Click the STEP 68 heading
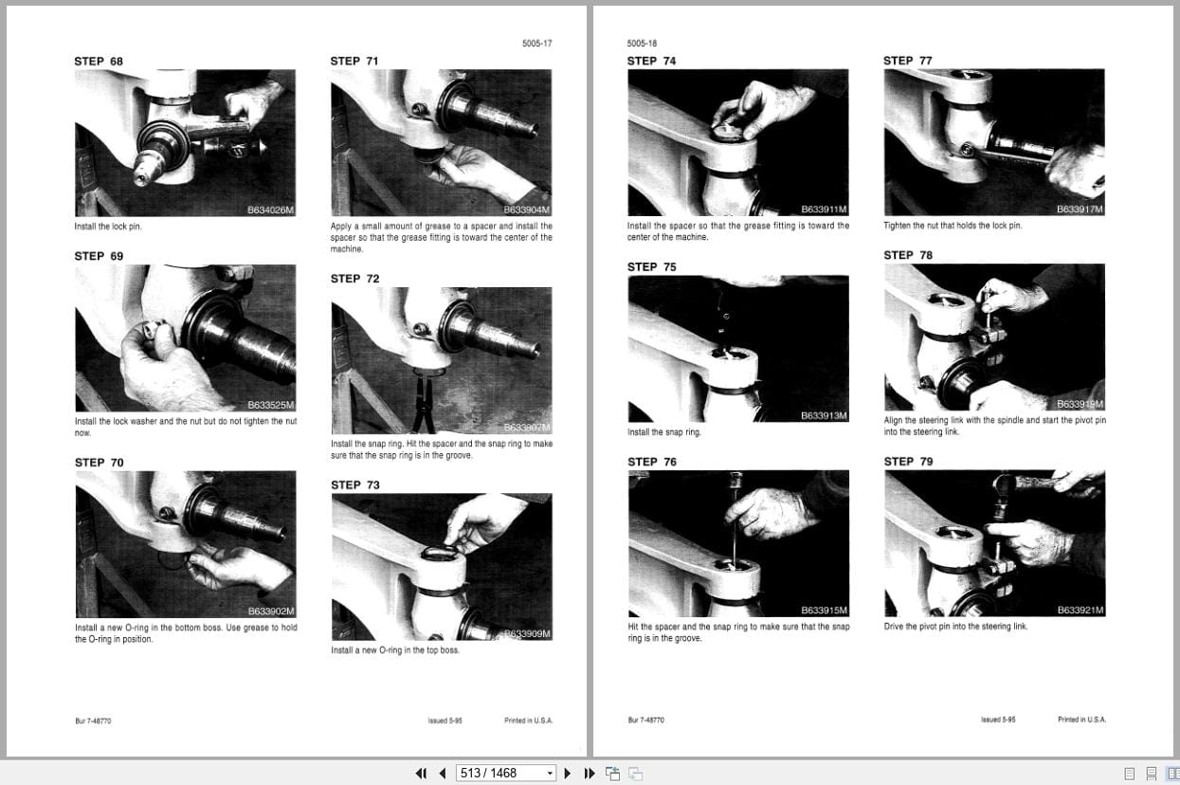click(x=99, y=62)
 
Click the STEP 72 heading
click(x=354, y=279)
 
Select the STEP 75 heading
click(x=651, y=267)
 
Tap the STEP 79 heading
click(x=907, y=462)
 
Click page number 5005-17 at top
click(x=536, y=44)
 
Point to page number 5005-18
click(x=642, y=44)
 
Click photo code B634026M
click(x=270, y=210)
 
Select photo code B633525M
click(x=270, y=405)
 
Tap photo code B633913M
click(x=823, y=416)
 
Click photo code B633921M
click(x=1080, y=611)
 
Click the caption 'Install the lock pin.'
click(x=108, y=227)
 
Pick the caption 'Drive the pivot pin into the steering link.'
click(x=955, y=627)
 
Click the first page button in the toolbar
click(x=421, y=774)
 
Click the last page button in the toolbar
click(x=589, y=774)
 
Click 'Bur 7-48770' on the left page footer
click(x=93, y=721)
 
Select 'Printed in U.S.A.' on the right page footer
click(x=1081, y=720)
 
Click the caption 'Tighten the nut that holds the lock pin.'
click(x=953, y=226)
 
